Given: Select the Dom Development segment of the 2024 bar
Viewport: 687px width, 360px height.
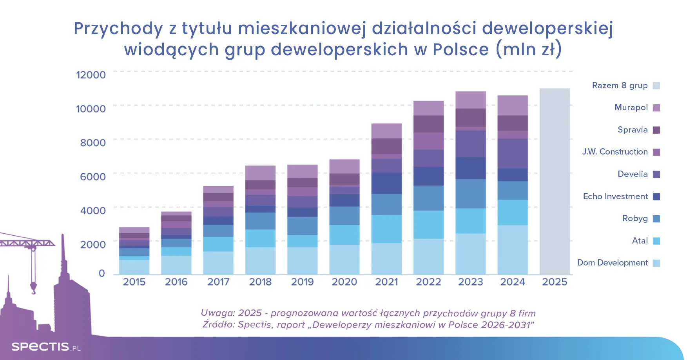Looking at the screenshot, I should [x=512, y=249].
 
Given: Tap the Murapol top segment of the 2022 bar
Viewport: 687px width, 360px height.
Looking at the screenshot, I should [x=428, y=108].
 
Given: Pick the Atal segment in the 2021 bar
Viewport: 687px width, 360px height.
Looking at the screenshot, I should [x=386, y=229].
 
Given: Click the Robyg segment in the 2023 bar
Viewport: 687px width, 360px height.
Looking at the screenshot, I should [x=470, y=194].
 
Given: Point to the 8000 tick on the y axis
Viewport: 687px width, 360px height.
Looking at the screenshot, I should [x=93, y=143].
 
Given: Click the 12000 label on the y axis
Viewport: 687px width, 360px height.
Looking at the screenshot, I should [x=91, y=75].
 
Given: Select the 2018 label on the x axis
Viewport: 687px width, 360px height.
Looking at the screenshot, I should [x=260, y=282].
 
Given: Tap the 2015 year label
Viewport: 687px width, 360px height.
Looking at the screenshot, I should [x=134, y=282].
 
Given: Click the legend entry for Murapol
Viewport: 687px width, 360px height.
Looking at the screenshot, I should [x=631, y=107].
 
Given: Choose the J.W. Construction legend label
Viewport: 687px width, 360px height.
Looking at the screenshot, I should [x=614, y=152].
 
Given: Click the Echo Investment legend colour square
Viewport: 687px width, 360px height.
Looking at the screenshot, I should [x=656, y=196].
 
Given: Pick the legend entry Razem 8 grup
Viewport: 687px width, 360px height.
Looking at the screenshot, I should [x=620, y=85].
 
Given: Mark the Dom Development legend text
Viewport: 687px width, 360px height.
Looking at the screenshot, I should [x=612, y=263].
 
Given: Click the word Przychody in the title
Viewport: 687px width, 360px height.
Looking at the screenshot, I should [x=118, y=29].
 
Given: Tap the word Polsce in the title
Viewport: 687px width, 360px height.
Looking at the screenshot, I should [x=460, y=50].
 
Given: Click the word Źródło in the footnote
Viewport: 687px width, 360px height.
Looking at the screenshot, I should [x=217, y=325].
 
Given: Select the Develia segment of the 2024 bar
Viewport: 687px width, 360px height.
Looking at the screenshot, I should [x=512, y=153].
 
